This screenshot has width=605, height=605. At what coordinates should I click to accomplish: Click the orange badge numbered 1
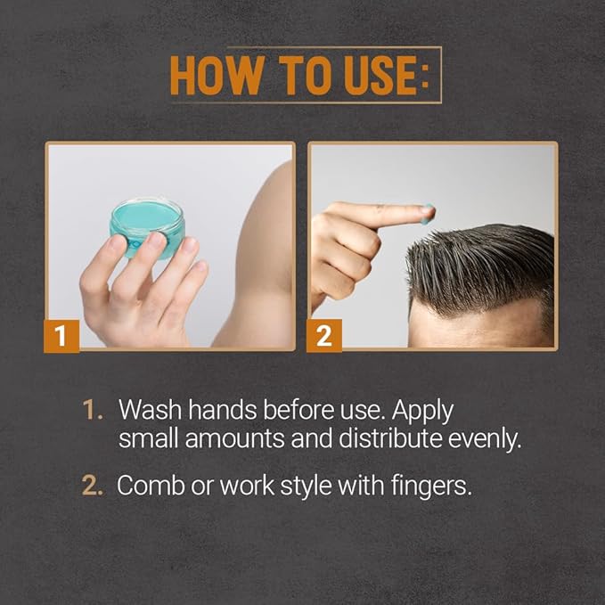pyautogui.click(x=61, y=336)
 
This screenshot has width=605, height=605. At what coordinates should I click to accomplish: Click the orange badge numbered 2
pyautogui.click(x=323, y=336)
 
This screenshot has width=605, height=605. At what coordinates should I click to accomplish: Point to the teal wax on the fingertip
pyautogui.click(x=429, y=213)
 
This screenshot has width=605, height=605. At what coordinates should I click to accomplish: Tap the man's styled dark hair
pyautogui.click(x=481, y=258)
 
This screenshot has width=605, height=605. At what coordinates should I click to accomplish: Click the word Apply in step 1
pyautogui.click(x=423, y=411)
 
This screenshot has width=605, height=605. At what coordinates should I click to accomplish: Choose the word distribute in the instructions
pyautogui.click(x=385, y=440)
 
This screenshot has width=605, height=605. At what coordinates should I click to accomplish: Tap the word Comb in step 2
pyautogui.click(x=149, y=486)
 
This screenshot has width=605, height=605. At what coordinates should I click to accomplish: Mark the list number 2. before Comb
pyautogui.click(x=93, y=486)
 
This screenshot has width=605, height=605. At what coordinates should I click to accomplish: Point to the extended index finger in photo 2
pyautogui.click(x=383, y=214)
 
